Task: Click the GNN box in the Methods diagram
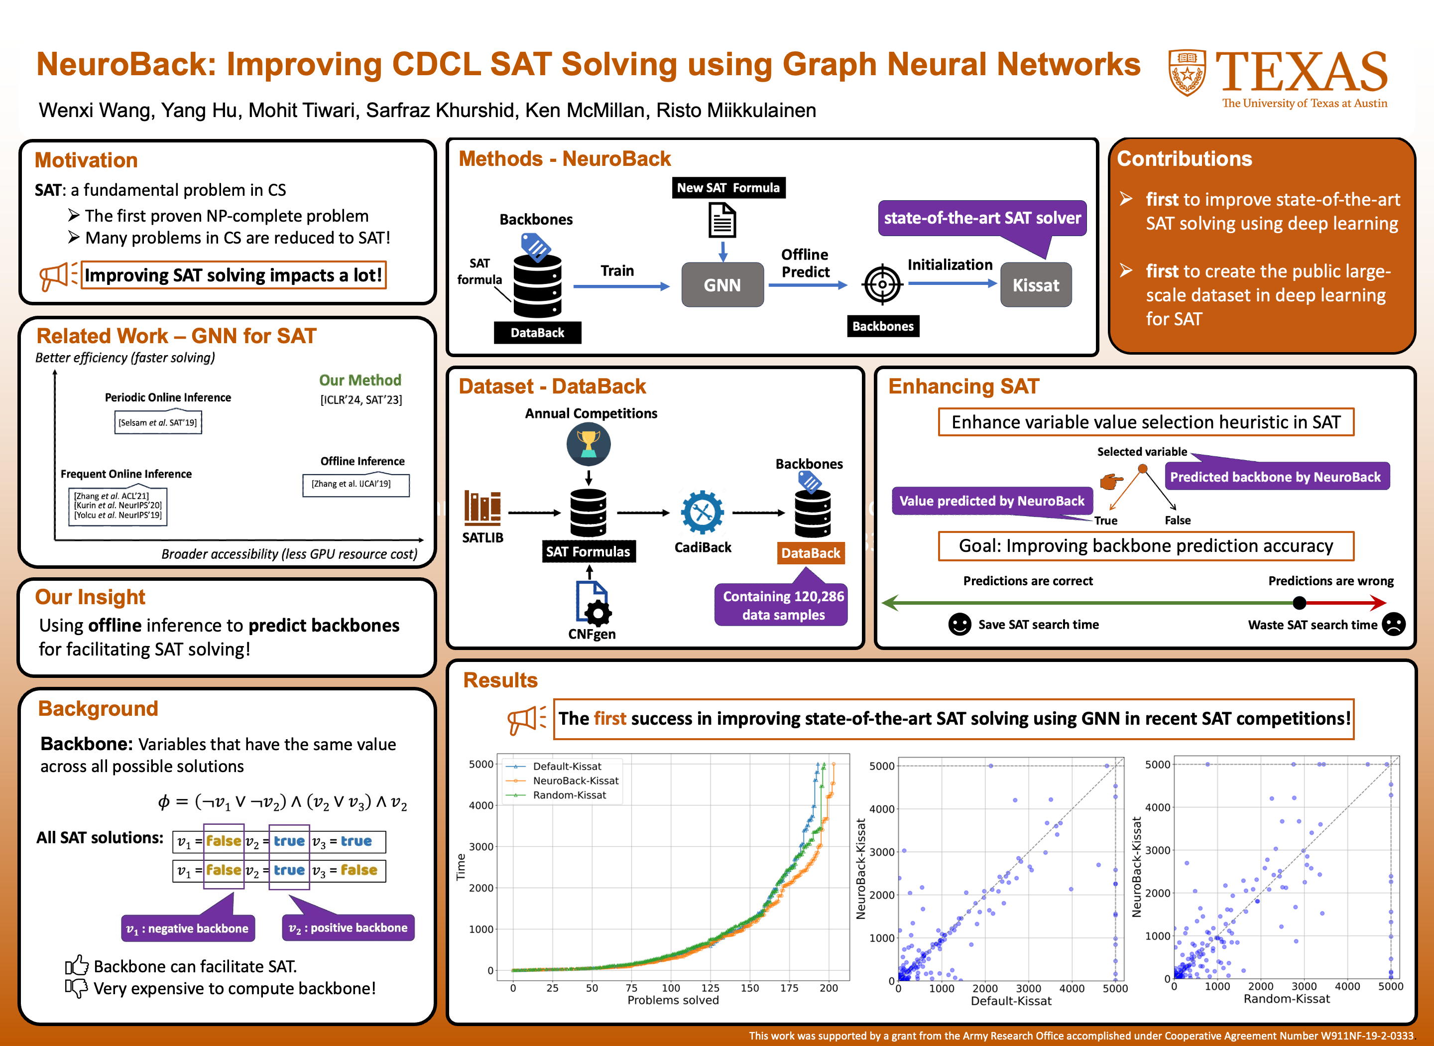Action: pyautogui.click(x=722, y=285)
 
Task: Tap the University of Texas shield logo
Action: pyautogui.click(x=1187, y=72)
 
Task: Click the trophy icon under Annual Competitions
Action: pyautogui.click(x=588, y=444)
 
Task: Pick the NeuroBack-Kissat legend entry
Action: pyautogui.click(x=575, y=781)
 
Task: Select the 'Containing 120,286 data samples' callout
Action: pyautogui.click(x=783, y=605)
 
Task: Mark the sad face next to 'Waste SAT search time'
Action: pyautogui.click(x=1394, y=624)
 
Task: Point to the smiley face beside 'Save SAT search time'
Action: pyautogui.click(x=959, y=624)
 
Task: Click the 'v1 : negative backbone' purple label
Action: pyautogui.click(x=188, y=928)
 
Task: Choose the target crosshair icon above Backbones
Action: pyautogui.click(x=882, y=285)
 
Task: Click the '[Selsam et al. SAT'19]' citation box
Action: pyautogui.click(x=157, y=422)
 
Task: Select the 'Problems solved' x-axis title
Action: pyautogui.click(x=673, y=1000)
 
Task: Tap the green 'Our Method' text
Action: pyautogui.click(x=359, y=380)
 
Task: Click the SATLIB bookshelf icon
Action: pyautogui.click(x=482, y=508)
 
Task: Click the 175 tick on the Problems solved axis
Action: pyautogui.click(x=789, y=988)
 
